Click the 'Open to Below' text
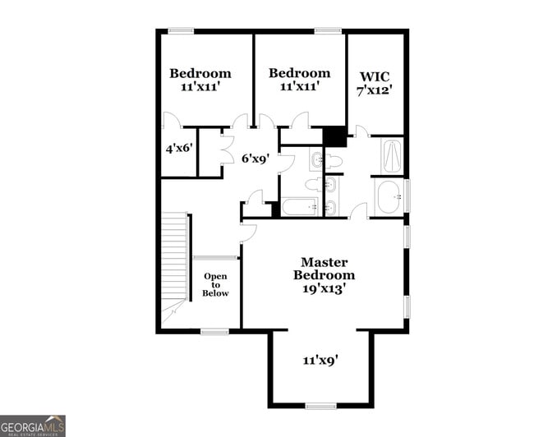click(x=216, y=285)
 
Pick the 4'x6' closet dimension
click(x=178, y=149)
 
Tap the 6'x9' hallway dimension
click(x=256, y=158)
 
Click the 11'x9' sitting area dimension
click(x=320, y=359)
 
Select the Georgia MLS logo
click(x=33, y=425)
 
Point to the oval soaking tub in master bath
click(x=389, y=196)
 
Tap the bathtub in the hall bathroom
click(x=299, y=206)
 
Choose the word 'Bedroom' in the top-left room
click(x=200, y=73)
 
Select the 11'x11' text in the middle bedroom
click(x=300, y=85)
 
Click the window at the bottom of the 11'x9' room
click(x=320, y=405)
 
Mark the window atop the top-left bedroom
click(x=181, y=31)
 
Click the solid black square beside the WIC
click(x=334, y=136)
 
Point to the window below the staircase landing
click(x=214, y=331)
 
